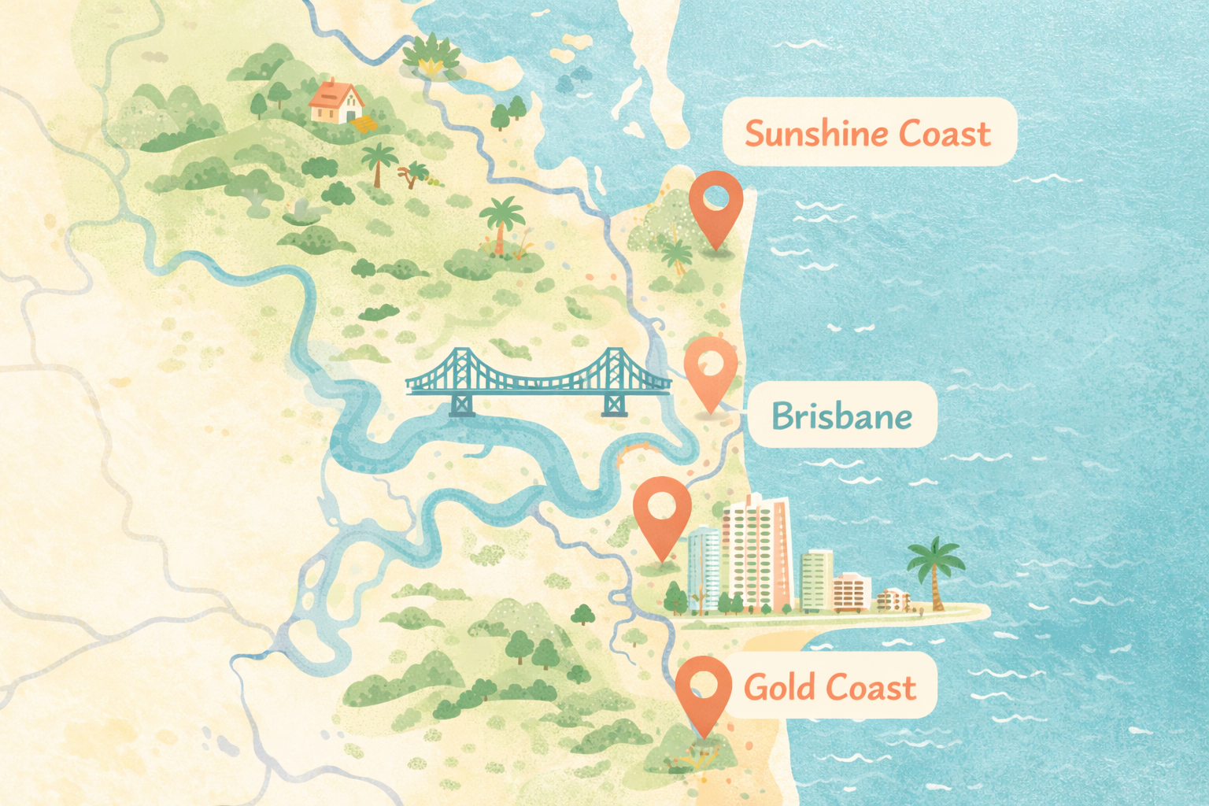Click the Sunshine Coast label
click(869, 132)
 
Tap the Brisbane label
click(842, 416)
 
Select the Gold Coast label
click(830, 686)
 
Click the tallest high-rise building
click(756, 551)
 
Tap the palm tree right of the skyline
click(935, 571)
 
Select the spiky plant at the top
click(431, 55)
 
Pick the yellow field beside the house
click(364, 124)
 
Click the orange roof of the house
click(334, 93)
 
